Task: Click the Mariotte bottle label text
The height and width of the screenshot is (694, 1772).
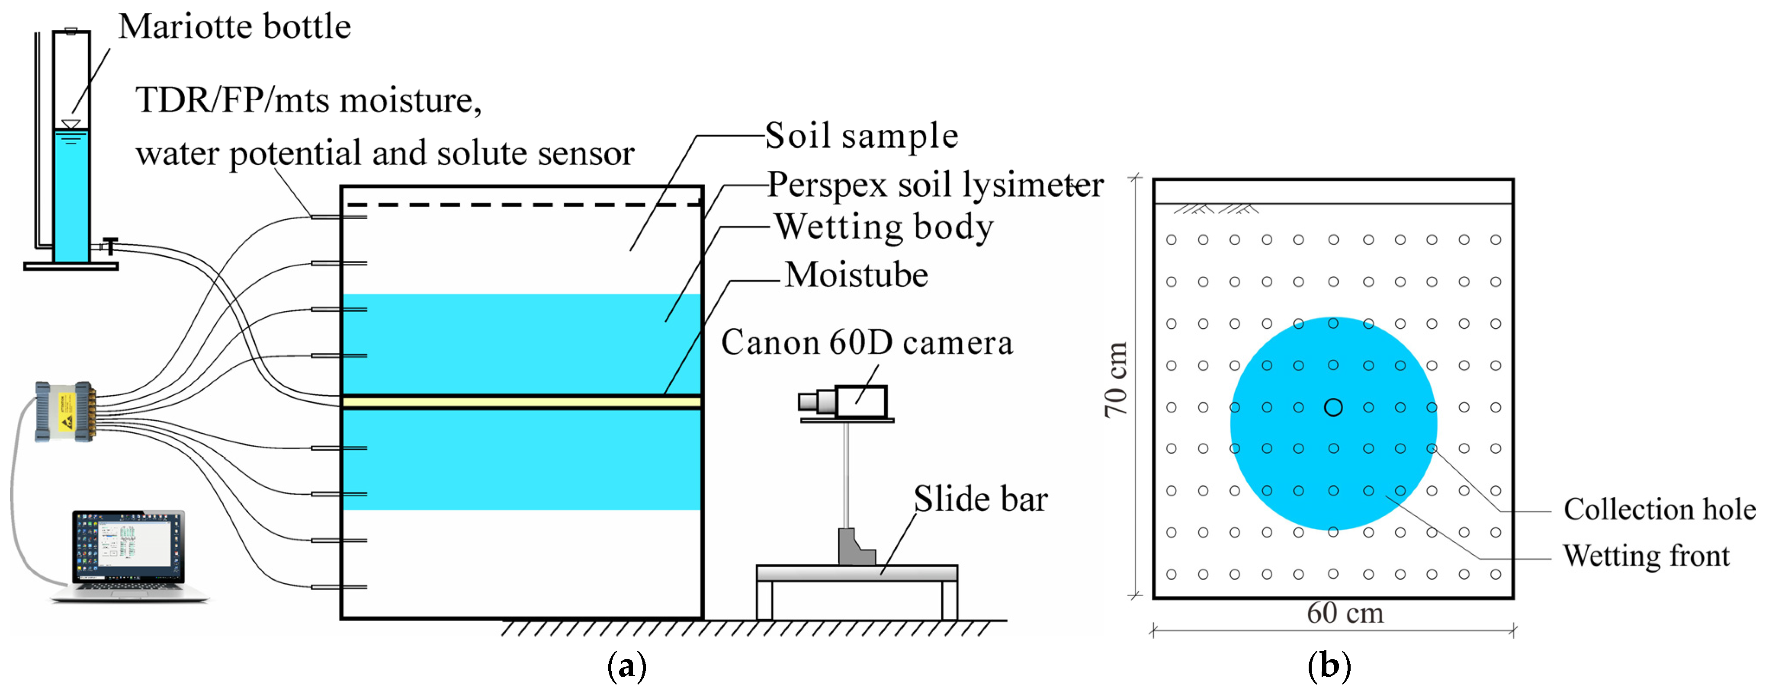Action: pos(234,28)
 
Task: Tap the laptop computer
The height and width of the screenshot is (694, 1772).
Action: pos(128,554)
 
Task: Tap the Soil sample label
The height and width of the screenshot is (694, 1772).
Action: pos(861,135)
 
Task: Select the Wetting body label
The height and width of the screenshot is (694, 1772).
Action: pos(884,227)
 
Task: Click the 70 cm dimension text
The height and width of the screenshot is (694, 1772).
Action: pos(1116,380)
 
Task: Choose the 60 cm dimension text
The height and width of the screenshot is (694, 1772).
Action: pos(1345,613)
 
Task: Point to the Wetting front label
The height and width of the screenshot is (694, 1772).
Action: pos(1645,556)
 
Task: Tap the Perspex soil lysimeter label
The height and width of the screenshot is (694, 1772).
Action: pos(935,184)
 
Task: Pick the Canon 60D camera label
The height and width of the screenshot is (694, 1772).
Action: pos(867,342)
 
